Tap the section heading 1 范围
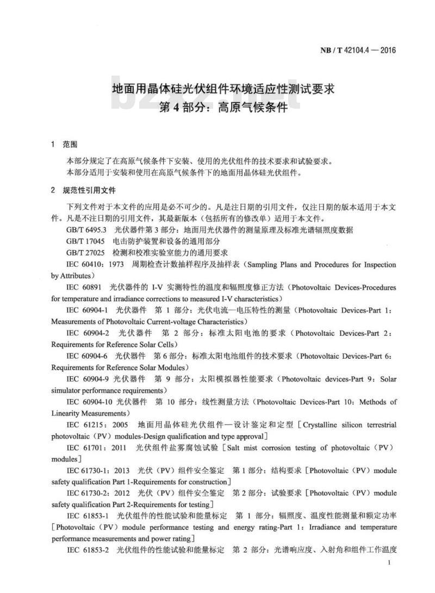tap(64, 145)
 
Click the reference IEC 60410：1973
tap(95, 265)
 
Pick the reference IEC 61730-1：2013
tap(99, 470)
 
